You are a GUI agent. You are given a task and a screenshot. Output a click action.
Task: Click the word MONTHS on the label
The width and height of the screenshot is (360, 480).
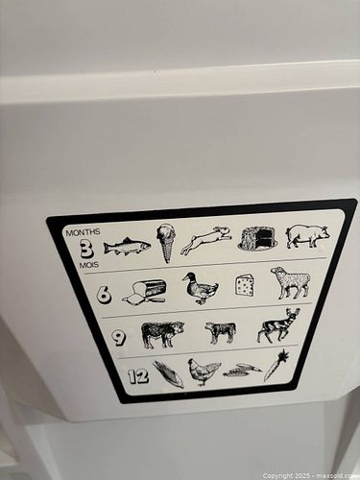click(83, 232)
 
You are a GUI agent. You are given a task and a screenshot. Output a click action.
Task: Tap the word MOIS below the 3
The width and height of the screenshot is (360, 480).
click(89, 265)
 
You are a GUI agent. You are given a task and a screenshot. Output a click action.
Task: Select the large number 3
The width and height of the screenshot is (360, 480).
click(86, 250)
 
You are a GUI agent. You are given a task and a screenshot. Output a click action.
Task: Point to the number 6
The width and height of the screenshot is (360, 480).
click(104, 295)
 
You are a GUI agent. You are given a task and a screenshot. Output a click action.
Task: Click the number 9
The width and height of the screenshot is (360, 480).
click(119, 338)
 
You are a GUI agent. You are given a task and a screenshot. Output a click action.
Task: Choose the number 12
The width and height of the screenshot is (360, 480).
click(138, 376)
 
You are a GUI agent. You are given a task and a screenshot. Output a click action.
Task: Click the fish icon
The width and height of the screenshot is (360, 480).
click(127, 247)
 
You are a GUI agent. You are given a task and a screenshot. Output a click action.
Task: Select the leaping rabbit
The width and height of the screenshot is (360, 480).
click(206, 240)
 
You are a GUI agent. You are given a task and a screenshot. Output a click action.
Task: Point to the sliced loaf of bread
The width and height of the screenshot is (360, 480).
click(145, 292)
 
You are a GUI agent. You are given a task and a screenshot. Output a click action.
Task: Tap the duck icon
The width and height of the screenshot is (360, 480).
click(201, 288)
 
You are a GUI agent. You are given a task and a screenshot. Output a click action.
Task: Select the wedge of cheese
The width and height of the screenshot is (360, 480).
click(245, 284)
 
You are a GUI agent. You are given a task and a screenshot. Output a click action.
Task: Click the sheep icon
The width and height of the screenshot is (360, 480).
click(290, 282)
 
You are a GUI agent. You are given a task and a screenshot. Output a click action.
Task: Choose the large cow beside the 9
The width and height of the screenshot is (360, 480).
click(163, 334)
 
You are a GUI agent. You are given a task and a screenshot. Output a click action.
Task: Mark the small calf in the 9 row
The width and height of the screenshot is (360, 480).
click(221, 332)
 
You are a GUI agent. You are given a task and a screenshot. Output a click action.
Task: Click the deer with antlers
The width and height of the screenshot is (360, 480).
click(278, 325)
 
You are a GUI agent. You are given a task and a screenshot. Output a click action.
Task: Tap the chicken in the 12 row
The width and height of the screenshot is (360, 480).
click(204, 372)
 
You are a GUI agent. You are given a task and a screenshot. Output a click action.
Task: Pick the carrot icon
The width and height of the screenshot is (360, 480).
click(276, 366)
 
